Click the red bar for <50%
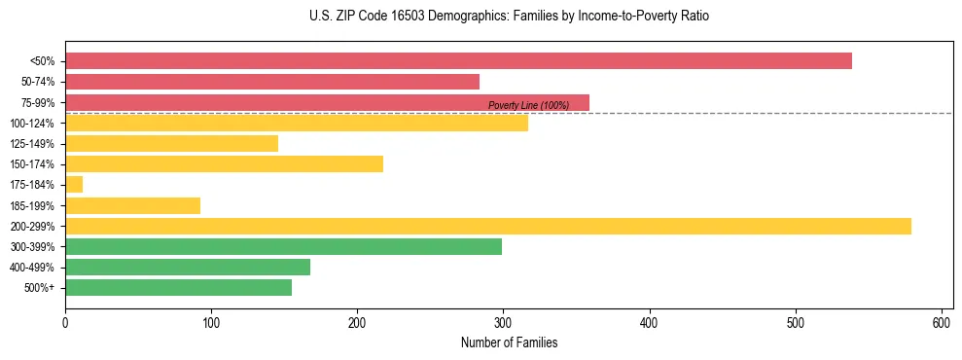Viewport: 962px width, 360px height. (x=458, y=61)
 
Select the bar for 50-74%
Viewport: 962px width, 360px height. (x=272, y=82)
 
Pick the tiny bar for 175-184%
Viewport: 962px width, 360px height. (x=74, y=185)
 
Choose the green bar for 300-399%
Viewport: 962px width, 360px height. (x=283, y=247)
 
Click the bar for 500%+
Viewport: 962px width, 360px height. (x=178, y=288)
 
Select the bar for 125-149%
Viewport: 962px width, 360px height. (x=171, y=144)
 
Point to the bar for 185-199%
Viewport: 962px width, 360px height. (x=132, y=205)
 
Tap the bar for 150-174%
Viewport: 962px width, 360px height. (x=224, y=164)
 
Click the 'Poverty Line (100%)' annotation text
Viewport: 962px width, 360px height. (x=528, y=105)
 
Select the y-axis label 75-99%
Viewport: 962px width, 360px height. (x=37, y=103)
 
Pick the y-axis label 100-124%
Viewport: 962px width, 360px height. (x=34, y=124)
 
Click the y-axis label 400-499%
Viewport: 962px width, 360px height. (x=34, y=268)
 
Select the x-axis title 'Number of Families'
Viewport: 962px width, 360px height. (x=509, y=342)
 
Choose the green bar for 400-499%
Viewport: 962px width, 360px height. (x=188, y=268)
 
